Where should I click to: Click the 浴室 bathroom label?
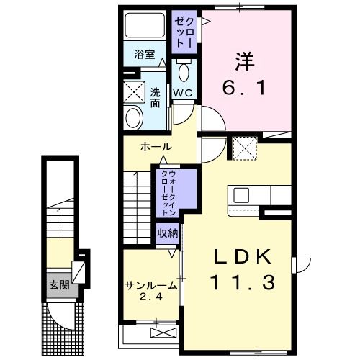(145, 55)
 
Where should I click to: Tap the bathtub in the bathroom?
(145, 25)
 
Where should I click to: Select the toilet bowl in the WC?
(184, 72)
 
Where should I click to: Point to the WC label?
(183, 93)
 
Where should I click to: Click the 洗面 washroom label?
(155, 98)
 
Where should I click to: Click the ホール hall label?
(156, 147)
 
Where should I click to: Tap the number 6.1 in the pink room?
(244, 88)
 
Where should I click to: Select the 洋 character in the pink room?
(245, 61)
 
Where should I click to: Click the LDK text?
(243, 257)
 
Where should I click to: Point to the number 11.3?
(243, 283)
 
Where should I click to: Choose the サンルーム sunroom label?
(150, 285)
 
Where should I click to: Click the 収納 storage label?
(168, 233)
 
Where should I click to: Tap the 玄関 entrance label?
(59, 285)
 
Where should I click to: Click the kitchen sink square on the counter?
(241, 195)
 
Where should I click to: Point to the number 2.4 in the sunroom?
(151, 297)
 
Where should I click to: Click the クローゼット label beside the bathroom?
(184, 32)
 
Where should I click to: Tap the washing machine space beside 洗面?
(134, 92)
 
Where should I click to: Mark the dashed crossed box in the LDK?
(245, 148)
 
